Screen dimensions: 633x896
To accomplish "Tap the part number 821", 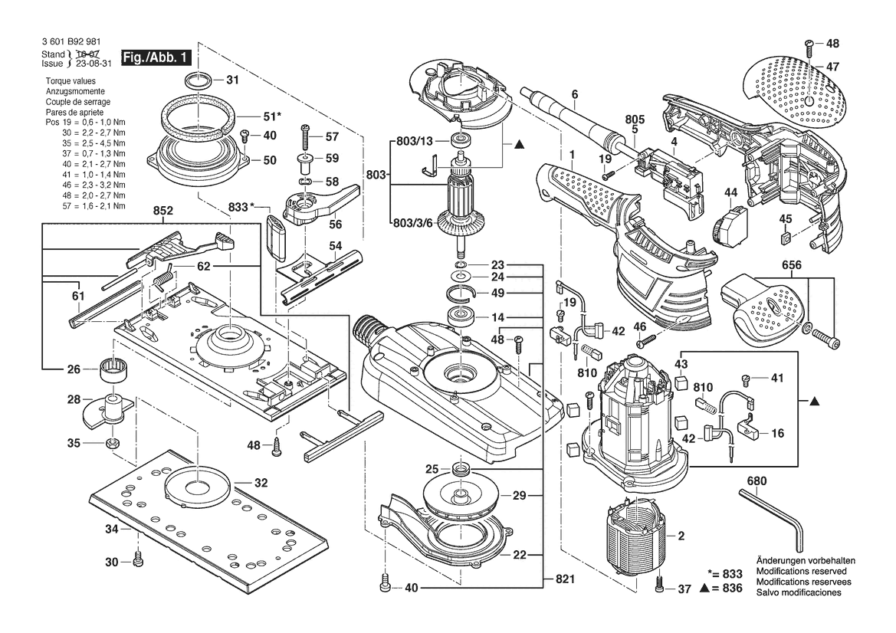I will (564, 579).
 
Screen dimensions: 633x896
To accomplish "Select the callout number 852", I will (163, 209).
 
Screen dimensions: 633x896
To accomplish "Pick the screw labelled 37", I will (661, 589).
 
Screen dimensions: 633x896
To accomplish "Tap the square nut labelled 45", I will (784, 240).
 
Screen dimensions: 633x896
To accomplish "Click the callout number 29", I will (519, 496).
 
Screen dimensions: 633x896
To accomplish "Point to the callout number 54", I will (335, 245).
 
